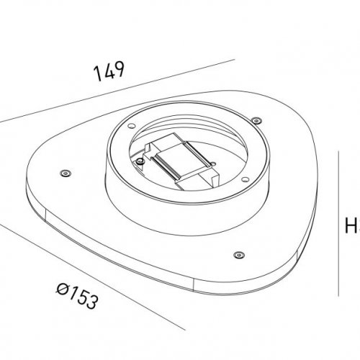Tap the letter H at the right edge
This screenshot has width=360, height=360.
tap(352, 228)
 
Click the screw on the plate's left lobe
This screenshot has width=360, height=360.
tap(65, 173)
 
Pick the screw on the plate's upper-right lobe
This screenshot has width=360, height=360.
tap(256, 120)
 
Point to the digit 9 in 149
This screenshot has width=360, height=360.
tap(122, 71)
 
